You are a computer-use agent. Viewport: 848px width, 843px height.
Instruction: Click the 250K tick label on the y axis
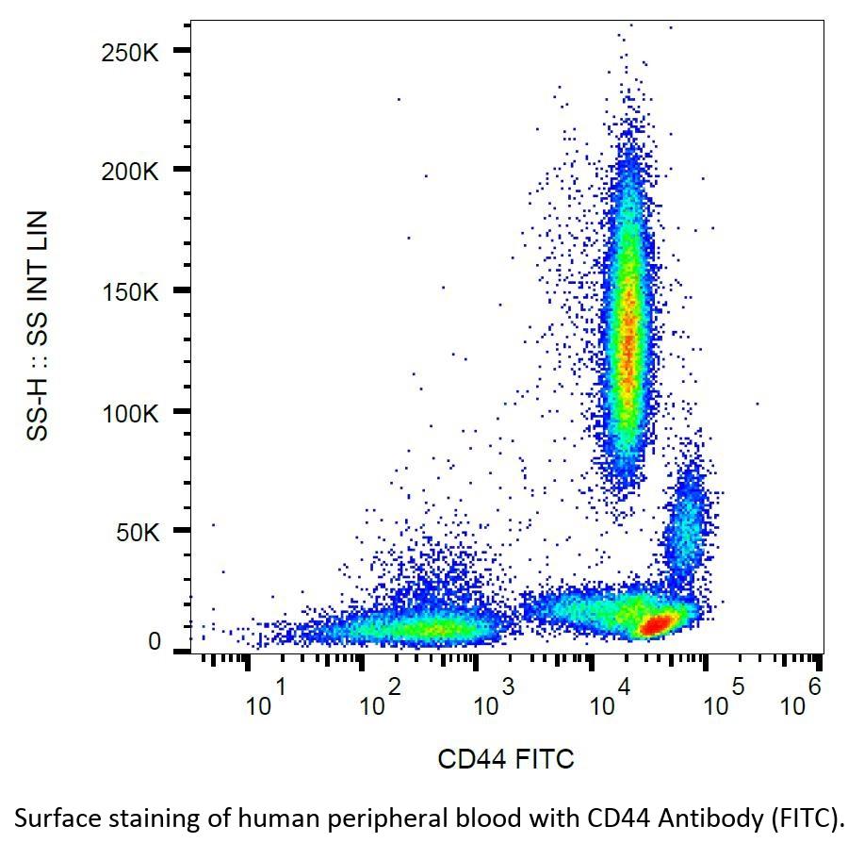(x=130, y=51)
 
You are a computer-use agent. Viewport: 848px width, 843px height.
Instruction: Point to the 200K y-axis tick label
(x=130, y=172)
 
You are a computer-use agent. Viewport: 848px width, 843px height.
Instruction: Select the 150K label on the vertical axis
(x=130, y=291)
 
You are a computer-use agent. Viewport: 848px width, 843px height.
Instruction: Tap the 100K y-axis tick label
(x=130, y=412)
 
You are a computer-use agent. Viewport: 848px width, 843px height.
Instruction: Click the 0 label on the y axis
(x=155, y=642)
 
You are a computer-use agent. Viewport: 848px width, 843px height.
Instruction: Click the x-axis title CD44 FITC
(x=505, y=758)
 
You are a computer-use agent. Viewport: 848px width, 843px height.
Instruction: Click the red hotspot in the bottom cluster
(x=658, y=622)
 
